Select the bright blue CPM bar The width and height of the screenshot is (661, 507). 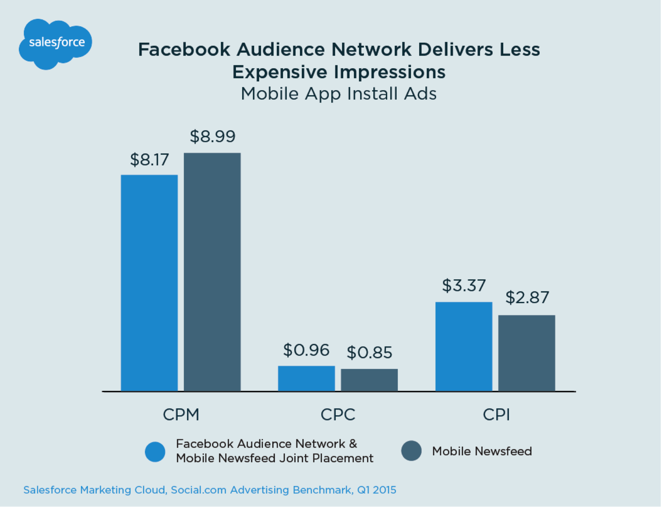coord(149,283)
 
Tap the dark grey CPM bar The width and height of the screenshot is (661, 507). coord(212,272)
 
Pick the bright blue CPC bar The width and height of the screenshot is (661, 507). coord(306,378)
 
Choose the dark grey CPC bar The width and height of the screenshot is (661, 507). coord(369,380)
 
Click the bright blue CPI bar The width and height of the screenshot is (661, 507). coord(464,346)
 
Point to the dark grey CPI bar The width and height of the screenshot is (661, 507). coord(526,353)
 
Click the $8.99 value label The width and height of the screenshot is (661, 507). coord(213,137)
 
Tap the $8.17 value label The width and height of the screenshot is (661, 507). coord(149,160)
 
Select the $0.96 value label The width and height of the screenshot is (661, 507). coord(306,350)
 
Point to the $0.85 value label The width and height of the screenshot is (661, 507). coord(369,352)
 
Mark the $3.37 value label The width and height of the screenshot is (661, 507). coord(464,285)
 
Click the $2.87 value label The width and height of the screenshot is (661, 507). coord(527,298)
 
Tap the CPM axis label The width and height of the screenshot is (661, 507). coord(181,415)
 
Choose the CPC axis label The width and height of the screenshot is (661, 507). coord(338,415)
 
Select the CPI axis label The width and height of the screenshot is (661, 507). coord(496,415)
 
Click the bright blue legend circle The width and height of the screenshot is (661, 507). coord(155,452)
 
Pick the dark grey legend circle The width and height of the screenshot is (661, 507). coord(411,451)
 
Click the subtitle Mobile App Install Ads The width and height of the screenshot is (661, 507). coord(338,94)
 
